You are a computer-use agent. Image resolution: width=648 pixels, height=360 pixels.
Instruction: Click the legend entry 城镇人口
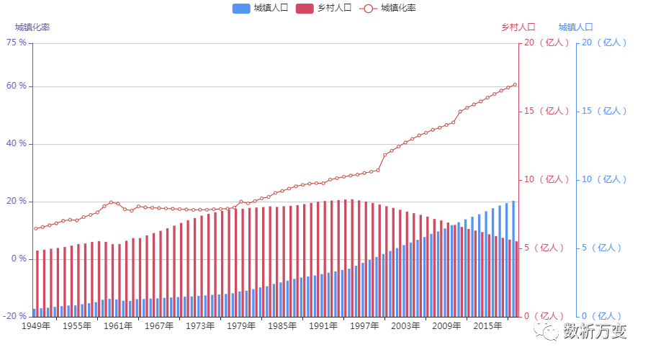(x=251, y=8)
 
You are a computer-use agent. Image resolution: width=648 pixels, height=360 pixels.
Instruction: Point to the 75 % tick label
(x=16, y=42)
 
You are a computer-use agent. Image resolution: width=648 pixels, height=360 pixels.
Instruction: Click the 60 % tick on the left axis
(x=16, y=86)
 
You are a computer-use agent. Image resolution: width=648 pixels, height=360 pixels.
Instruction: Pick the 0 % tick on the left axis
(x=18, y=258)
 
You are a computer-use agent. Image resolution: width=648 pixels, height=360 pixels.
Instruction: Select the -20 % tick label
(x=15, y=316)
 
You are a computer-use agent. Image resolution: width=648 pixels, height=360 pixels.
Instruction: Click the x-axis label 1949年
(x=36, y=326)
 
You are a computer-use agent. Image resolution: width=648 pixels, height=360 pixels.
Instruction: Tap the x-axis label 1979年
(x=241, y=326)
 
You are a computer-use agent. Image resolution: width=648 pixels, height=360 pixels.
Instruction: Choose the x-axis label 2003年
(x=405, y=326)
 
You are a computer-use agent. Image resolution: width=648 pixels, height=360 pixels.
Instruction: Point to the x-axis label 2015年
(x=487, y=326)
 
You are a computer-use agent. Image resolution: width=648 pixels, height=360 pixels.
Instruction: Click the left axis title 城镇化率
(x=32, y=27)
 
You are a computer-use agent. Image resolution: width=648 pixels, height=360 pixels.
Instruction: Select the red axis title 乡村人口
(x=518, y=27)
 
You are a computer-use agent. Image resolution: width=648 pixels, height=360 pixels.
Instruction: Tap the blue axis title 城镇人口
(x=576, y=27)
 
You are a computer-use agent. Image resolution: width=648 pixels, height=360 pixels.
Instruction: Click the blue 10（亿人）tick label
(x=603, y=179)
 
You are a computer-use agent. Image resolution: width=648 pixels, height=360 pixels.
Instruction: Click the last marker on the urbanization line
(x=514, y=85)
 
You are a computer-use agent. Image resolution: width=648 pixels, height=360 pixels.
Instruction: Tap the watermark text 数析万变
(x=595, y=331)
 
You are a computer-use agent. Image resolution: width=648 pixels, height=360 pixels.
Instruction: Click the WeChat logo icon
(x=546, y=330)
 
